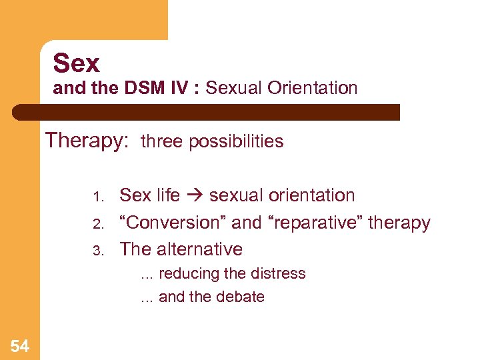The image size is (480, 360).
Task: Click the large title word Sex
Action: (76, 64)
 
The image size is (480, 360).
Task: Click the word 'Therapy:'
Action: (87, 141)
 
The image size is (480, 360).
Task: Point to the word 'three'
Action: (163, 141)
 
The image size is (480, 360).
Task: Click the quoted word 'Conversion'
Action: (169, 223)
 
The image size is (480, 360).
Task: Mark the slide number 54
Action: (20, 345)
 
